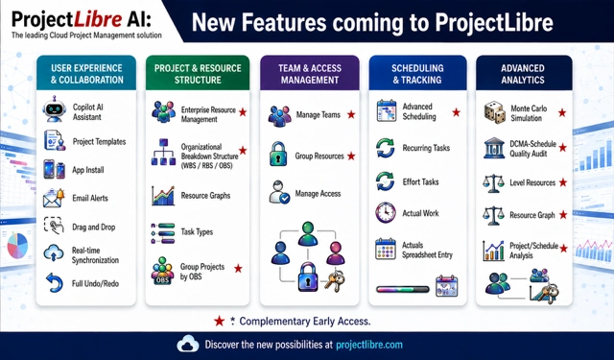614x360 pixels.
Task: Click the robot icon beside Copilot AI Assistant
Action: (x=55, y=109)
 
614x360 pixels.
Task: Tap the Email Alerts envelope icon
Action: (x=54, y=198)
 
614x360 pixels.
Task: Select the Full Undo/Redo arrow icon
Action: (x=55, y=283)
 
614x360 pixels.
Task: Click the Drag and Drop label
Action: (x=94, y=228)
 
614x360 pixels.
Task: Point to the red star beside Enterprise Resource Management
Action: (x=243, y=112)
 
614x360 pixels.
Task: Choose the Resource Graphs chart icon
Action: (x=163, y=196)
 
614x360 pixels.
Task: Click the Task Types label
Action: (x=197, y=232)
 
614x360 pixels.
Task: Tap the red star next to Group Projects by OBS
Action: (x=238, y=269)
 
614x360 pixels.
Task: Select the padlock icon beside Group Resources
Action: (x=278, y=154)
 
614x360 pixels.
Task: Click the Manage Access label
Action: (x=318, y=194)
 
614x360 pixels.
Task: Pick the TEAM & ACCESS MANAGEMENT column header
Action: (x=310, y=74)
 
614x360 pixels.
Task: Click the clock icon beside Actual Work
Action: (x=386, y=213)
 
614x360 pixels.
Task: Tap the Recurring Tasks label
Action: (x=426, y=148)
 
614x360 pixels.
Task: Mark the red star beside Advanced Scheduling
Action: (x=457, y=112)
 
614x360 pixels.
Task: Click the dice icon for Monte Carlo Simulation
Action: (x=495, y=112)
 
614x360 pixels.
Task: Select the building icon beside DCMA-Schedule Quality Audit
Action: (x=494, y=148)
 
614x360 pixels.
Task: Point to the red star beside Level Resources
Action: (x=563, y=182)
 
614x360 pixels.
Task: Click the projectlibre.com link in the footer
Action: (x=369, y=345)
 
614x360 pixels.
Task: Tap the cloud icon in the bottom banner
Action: (x=188, y=344)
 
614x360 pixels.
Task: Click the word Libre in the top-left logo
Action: (x=98, y=19)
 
